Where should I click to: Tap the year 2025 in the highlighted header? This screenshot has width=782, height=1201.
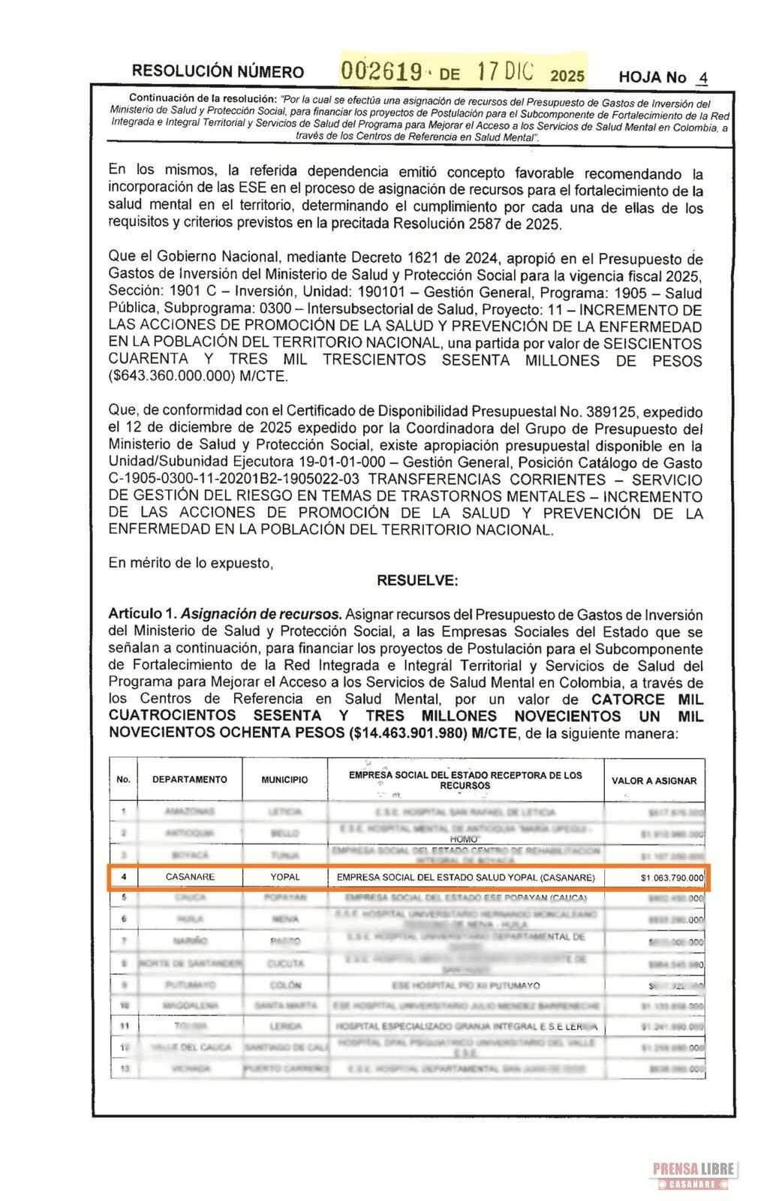(x=567, y=76)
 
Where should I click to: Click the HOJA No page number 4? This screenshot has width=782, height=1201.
(x=702, y=77)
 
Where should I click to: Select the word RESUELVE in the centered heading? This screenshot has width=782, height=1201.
(x=417, y=580)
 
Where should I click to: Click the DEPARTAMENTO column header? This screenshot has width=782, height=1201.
(x=189, y=779)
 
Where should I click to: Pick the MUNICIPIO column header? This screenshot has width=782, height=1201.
(x=284, y=780)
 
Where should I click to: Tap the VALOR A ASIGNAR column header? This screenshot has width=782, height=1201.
(x=654, y=781)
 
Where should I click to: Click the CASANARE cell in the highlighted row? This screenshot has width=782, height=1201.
(x=190, y=877)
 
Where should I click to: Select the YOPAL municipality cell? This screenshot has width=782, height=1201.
(x=285, y=877)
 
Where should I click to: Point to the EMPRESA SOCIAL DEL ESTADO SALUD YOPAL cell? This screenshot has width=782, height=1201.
(x=465, y=877)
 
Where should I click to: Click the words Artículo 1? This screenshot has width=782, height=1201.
(x=142, y=614)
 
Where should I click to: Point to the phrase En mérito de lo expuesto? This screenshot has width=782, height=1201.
(x=191, y=562)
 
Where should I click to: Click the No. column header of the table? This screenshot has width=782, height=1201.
(x=123, y=779)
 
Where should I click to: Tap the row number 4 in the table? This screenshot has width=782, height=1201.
(x=124, y=877)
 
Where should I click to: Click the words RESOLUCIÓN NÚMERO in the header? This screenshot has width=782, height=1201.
(x=218, y=72)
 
